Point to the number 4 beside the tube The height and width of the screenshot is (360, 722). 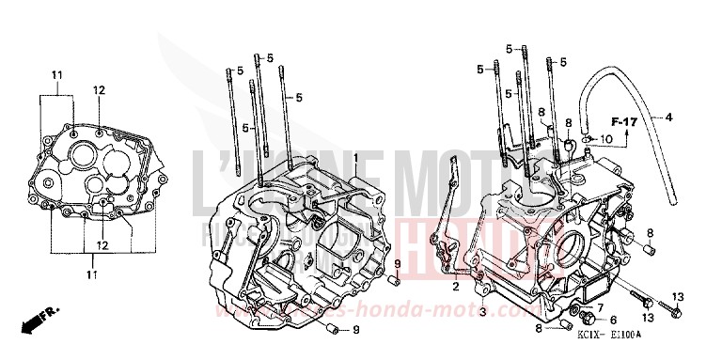[669, 117]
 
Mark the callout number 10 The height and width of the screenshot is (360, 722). [606, 139]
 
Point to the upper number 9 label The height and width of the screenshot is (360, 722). [397, 262]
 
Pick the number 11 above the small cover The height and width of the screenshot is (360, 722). [56, 74]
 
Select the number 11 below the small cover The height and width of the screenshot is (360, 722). [92, 274]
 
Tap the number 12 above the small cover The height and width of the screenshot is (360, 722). [99, 90]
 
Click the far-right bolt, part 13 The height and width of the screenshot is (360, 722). [674, 305]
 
